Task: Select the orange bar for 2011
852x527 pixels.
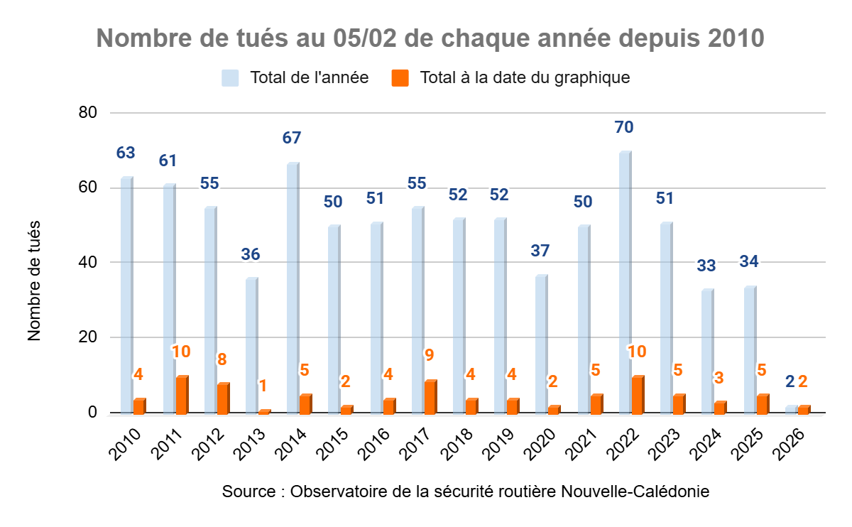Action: (182, 395)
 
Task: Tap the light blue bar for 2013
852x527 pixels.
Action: (251, 345)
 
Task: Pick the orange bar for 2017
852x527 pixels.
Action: (430, 397)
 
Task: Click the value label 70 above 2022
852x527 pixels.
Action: (625, 128)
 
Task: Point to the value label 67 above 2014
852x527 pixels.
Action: (292, 138)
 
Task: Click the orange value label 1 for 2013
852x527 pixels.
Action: (263, 386)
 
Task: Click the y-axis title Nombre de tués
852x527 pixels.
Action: (35, 281)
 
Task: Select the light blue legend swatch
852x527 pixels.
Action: (230, 77)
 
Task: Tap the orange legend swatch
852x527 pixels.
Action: (400, 77)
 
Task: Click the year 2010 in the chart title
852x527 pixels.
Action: (736, 38)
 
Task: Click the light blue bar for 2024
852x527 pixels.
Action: (707, 351)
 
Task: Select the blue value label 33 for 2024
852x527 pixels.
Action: (706, 266)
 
